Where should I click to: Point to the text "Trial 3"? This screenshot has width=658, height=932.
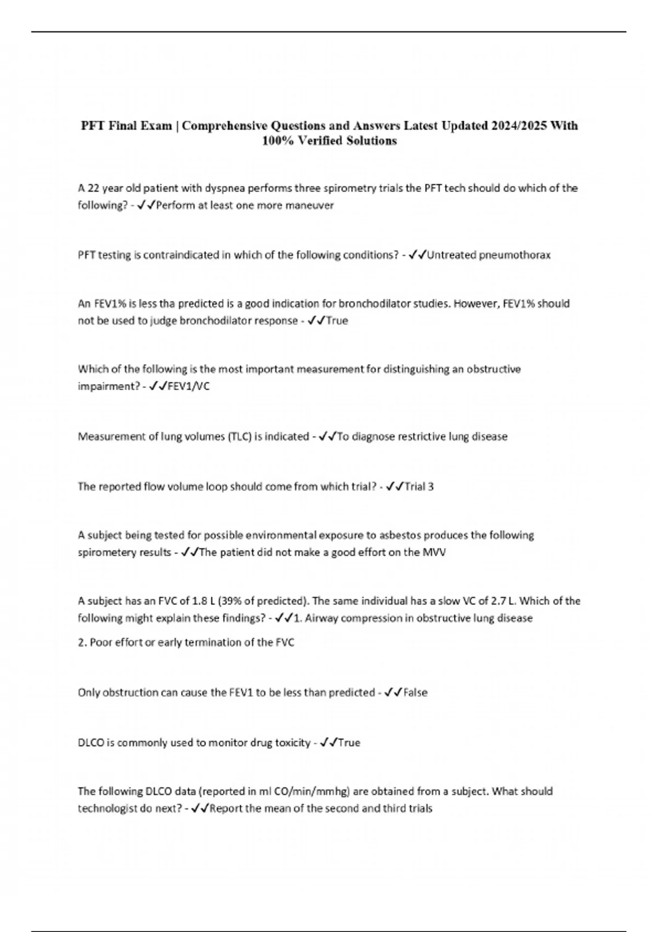point(419,486)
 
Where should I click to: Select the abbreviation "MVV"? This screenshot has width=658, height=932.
point(434,552)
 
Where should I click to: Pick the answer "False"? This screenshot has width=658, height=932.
point(415,692)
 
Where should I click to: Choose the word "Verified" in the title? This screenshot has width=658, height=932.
point(321,141)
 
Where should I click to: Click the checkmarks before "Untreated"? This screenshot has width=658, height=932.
point(417,255)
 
